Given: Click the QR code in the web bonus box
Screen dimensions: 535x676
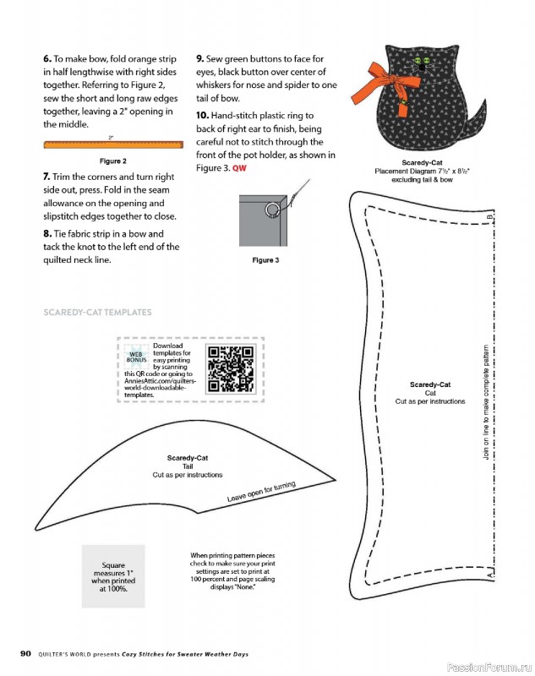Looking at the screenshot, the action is pyautogui.click(x=231, y=369).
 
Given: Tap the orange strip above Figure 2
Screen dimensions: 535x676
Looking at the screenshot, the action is pyautogui.click(x=113, y=144).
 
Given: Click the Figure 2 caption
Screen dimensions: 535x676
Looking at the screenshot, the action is pyautogui.click(x=113, y=161).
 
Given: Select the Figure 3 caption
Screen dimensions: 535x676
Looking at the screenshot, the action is pyautogui.click(x=265, y=260).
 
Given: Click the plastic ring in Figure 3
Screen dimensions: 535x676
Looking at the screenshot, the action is pyautogui.click(x=272, y=210).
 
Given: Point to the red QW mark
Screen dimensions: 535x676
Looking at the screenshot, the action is pyautogui.click(x=239, y=168).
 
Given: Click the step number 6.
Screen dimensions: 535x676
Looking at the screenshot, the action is pyautogui.click(x=47, y=58).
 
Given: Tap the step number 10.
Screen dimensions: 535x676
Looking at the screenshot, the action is pyautogui.click(x=202, y=116).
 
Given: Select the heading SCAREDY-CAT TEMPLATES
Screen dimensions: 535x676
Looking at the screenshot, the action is pyautogui.click(x=97, y=312).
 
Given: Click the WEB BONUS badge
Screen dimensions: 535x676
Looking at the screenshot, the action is pyautogui.click(x=136, y=357).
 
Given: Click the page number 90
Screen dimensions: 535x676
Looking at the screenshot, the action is pyautogui.click(x=26, y=653).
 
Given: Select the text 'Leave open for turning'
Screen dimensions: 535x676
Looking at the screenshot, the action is pyautogui.click(x=261, y=491).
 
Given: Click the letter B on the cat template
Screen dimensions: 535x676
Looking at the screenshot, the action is pyautogui.click(x=489, y=217).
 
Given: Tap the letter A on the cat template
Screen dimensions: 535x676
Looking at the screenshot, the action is pyautogui.click(x=489, y=575).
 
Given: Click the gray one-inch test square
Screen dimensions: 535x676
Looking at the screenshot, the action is pyautogui.click(x=113, y=576).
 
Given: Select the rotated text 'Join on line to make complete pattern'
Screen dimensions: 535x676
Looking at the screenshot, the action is pyautogui.click(x=486, y=402).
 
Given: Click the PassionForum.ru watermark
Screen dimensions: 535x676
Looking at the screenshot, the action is pyautogui.click(x=489, y=668).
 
